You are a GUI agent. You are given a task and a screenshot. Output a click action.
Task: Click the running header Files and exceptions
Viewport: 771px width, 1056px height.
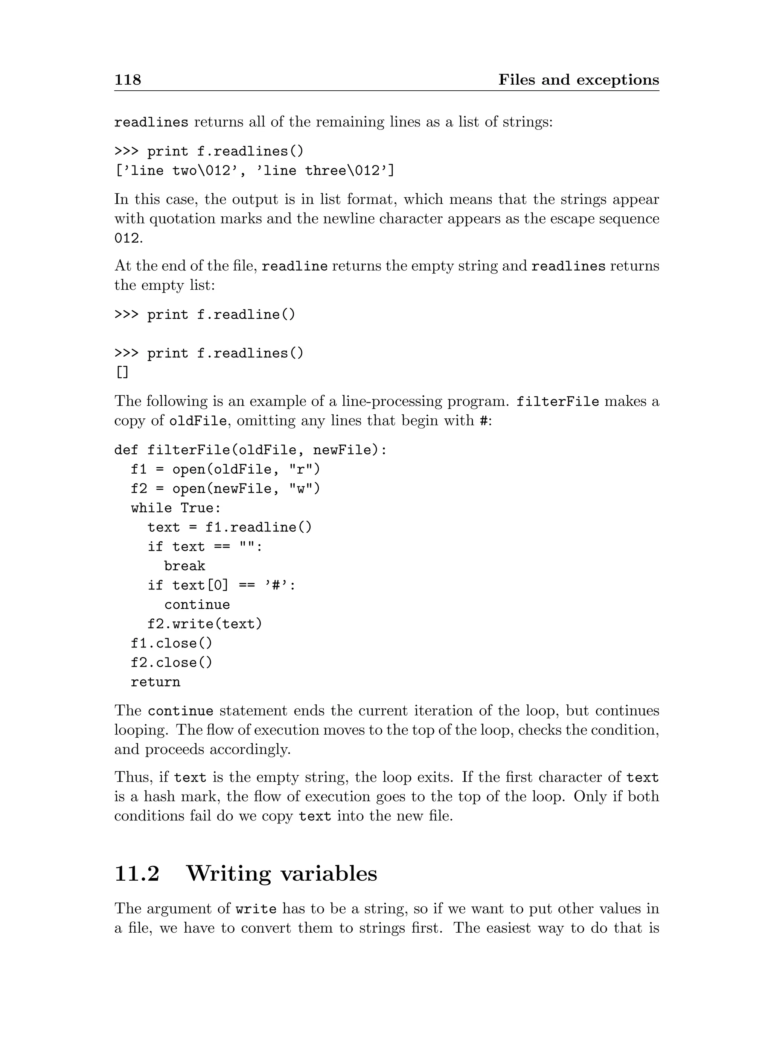click(578, 80)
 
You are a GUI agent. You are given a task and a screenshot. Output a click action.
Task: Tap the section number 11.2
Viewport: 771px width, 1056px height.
click(137, 874)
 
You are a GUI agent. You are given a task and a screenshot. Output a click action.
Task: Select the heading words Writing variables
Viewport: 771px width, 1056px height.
click(282, 874)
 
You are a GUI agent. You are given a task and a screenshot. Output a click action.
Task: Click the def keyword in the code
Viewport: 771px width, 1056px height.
click(126, 450)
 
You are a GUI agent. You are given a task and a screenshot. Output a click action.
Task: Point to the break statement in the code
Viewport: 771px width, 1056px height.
click(185, 566)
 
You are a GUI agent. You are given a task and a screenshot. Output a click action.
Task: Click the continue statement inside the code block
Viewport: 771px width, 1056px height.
click(197, 605)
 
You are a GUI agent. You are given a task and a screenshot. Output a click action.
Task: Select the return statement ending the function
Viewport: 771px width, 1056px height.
click(155, 682)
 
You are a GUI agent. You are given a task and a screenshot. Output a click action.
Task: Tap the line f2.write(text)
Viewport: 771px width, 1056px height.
click(205, 624)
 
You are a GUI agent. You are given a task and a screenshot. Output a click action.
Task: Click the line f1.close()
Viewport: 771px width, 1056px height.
click(172, 644)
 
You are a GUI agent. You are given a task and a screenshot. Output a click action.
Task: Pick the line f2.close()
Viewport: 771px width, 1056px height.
click(172, 663)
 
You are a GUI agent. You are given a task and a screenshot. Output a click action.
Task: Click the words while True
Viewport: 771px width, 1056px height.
click(176, 508)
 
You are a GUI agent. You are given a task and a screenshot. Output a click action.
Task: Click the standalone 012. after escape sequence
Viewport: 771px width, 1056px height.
click(128, 239)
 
